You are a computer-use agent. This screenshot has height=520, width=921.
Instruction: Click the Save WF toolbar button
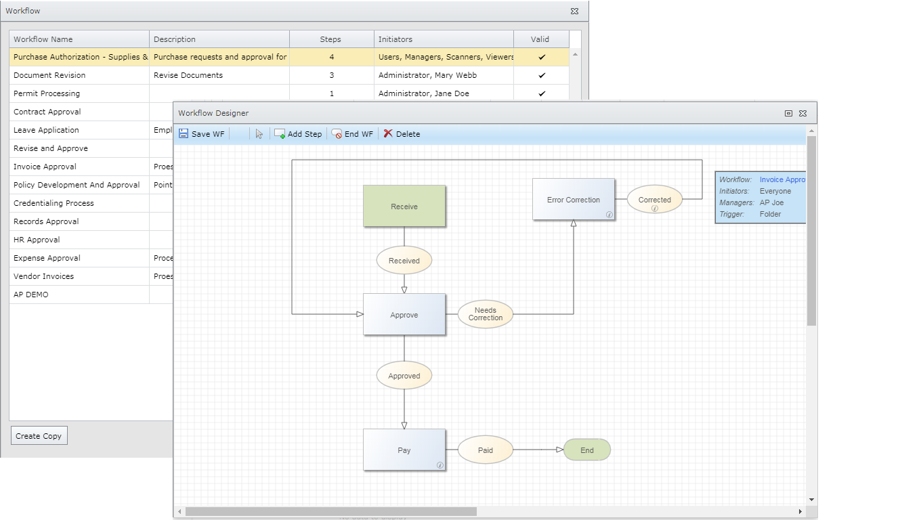(201, 134)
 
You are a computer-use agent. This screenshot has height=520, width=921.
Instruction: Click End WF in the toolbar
(352, 134)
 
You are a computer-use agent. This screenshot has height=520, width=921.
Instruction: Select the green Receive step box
(404, 207)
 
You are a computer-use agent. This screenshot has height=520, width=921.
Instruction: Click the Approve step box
(404, 315)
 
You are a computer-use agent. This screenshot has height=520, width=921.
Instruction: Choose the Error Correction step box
(574, 200)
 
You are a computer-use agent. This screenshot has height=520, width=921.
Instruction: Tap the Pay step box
(404, 450)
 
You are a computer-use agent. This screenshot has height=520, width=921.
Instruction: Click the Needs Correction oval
(486, 314)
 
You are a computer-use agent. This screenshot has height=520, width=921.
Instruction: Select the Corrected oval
(655, 200)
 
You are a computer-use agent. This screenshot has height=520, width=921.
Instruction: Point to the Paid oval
(486, 450)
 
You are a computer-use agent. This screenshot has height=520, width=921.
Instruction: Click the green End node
(587, 450)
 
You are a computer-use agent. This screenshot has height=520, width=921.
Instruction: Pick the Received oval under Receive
(404, 261)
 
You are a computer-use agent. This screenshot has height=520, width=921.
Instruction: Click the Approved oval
(404, 376)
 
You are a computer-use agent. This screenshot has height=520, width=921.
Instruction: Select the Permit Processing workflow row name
(47, 93)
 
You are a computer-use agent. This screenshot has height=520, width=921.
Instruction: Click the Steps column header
(330, 39)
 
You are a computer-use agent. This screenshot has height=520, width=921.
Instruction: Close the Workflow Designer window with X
(802, 114)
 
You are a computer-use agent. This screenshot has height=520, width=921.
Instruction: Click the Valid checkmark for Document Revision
(542, 76)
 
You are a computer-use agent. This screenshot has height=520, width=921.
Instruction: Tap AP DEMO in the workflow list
(31, 295)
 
